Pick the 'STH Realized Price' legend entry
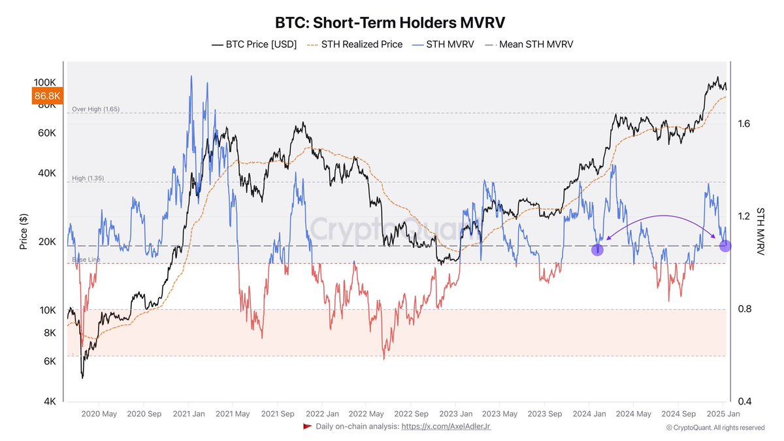[355, 44]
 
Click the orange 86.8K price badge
[47, 96]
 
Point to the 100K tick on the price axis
[46, 83]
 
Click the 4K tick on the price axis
[50, 402]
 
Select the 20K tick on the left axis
[48, 242]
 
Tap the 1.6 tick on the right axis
[743, 123]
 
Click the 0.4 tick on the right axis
[743, 401]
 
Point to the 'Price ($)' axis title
[24, 232]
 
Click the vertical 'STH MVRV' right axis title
[760, 231]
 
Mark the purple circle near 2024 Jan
[597, 250]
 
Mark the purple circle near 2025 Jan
[725, 246]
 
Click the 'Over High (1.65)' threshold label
[95, 109]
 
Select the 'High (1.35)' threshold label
[88, 178]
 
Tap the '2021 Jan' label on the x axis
[188, 414]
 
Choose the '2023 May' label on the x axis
[500, 414]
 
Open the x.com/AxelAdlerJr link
[446, 427]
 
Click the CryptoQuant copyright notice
[715, 428]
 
